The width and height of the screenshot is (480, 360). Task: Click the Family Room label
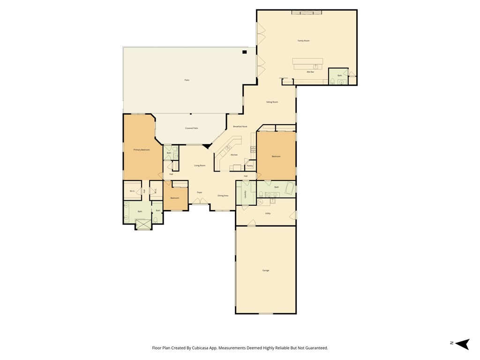click(x=303, y=41)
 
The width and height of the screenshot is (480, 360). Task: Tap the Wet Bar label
click(x=310, y=72)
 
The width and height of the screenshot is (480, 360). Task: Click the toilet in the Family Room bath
click(x=332, y=82)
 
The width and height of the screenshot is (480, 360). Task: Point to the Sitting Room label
click(x=272, y=102)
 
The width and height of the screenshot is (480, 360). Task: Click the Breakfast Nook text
click(x=240, y=127)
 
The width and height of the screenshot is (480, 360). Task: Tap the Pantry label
click(x=249, y=165)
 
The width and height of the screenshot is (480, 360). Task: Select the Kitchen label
click(x=234, y=155)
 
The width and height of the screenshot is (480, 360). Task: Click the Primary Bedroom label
click(x=142, y=150)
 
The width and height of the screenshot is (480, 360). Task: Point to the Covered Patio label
click(x=191, y=128)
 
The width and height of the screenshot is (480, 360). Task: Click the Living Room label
click(x=200, y=165)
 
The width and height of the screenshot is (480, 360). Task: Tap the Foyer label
click(x=199, y=192)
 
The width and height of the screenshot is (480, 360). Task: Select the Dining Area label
click(x=223, y=195)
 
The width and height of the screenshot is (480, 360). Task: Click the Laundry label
click(x=245, y=194)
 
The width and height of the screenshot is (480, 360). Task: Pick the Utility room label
click(x=268, y=213)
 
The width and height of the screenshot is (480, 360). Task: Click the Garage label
click(x=266, y=270)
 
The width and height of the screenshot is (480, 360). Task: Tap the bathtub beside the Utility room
click(x=289, y=189)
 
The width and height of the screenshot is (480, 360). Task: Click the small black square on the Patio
click(x=244, y=52)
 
